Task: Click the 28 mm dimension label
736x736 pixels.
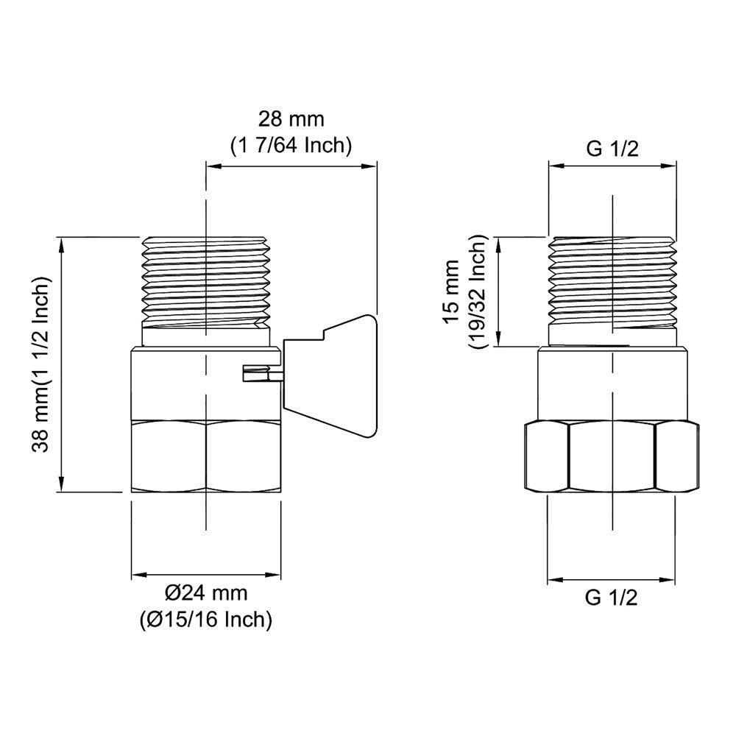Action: (290, 118)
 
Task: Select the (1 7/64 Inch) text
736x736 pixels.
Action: (290, 145)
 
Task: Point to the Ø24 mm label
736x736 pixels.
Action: (206, 593)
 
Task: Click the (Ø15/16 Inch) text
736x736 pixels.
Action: (206, 620)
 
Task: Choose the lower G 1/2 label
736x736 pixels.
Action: (611, 598)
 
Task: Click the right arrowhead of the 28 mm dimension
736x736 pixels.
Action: (372, 167)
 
